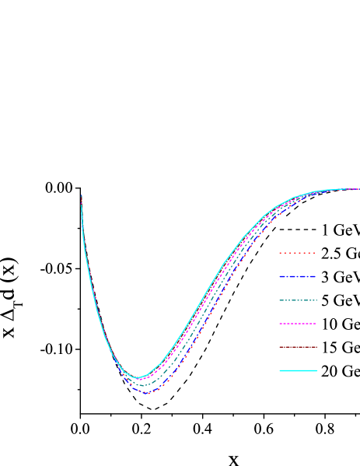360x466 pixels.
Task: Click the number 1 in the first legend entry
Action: click(x=325, y=230)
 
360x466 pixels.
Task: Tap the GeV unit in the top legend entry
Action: click(x=347, y=230)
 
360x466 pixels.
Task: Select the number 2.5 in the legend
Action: click(x=330, y=254)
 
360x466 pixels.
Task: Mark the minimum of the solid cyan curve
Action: click(x=137, y=378)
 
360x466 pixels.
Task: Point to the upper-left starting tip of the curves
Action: click(x=82, y=196)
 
